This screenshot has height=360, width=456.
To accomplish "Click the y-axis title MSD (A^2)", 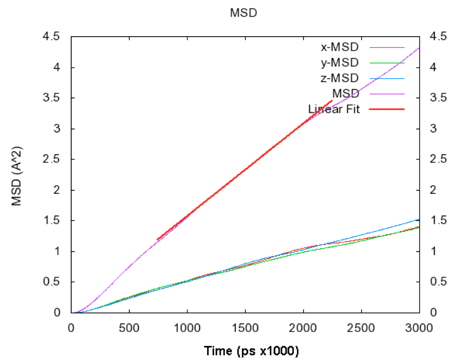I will click(17, 175).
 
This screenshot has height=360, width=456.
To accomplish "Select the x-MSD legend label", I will click(340, 48).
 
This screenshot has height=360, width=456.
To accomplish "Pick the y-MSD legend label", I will click(340, 63).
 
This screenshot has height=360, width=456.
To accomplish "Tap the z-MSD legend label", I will click(340, 78).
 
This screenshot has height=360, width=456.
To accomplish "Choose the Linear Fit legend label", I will click(334, 108).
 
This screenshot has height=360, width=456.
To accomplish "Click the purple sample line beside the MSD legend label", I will click(387, 93).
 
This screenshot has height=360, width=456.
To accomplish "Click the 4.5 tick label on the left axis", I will click(52, 37).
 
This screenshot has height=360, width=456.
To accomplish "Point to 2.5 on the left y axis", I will click(52, 159).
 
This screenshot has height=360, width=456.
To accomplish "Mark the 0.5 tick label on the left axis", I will click(52, 282).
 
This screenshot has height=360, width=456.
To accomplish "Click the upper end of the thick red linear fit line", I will click(332, 101).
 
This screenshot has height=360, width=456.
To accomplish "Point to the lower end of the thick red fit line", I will click(158, 239).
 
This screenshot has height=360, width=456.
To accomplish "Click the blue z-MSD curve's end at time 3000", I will click(418, 219).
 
